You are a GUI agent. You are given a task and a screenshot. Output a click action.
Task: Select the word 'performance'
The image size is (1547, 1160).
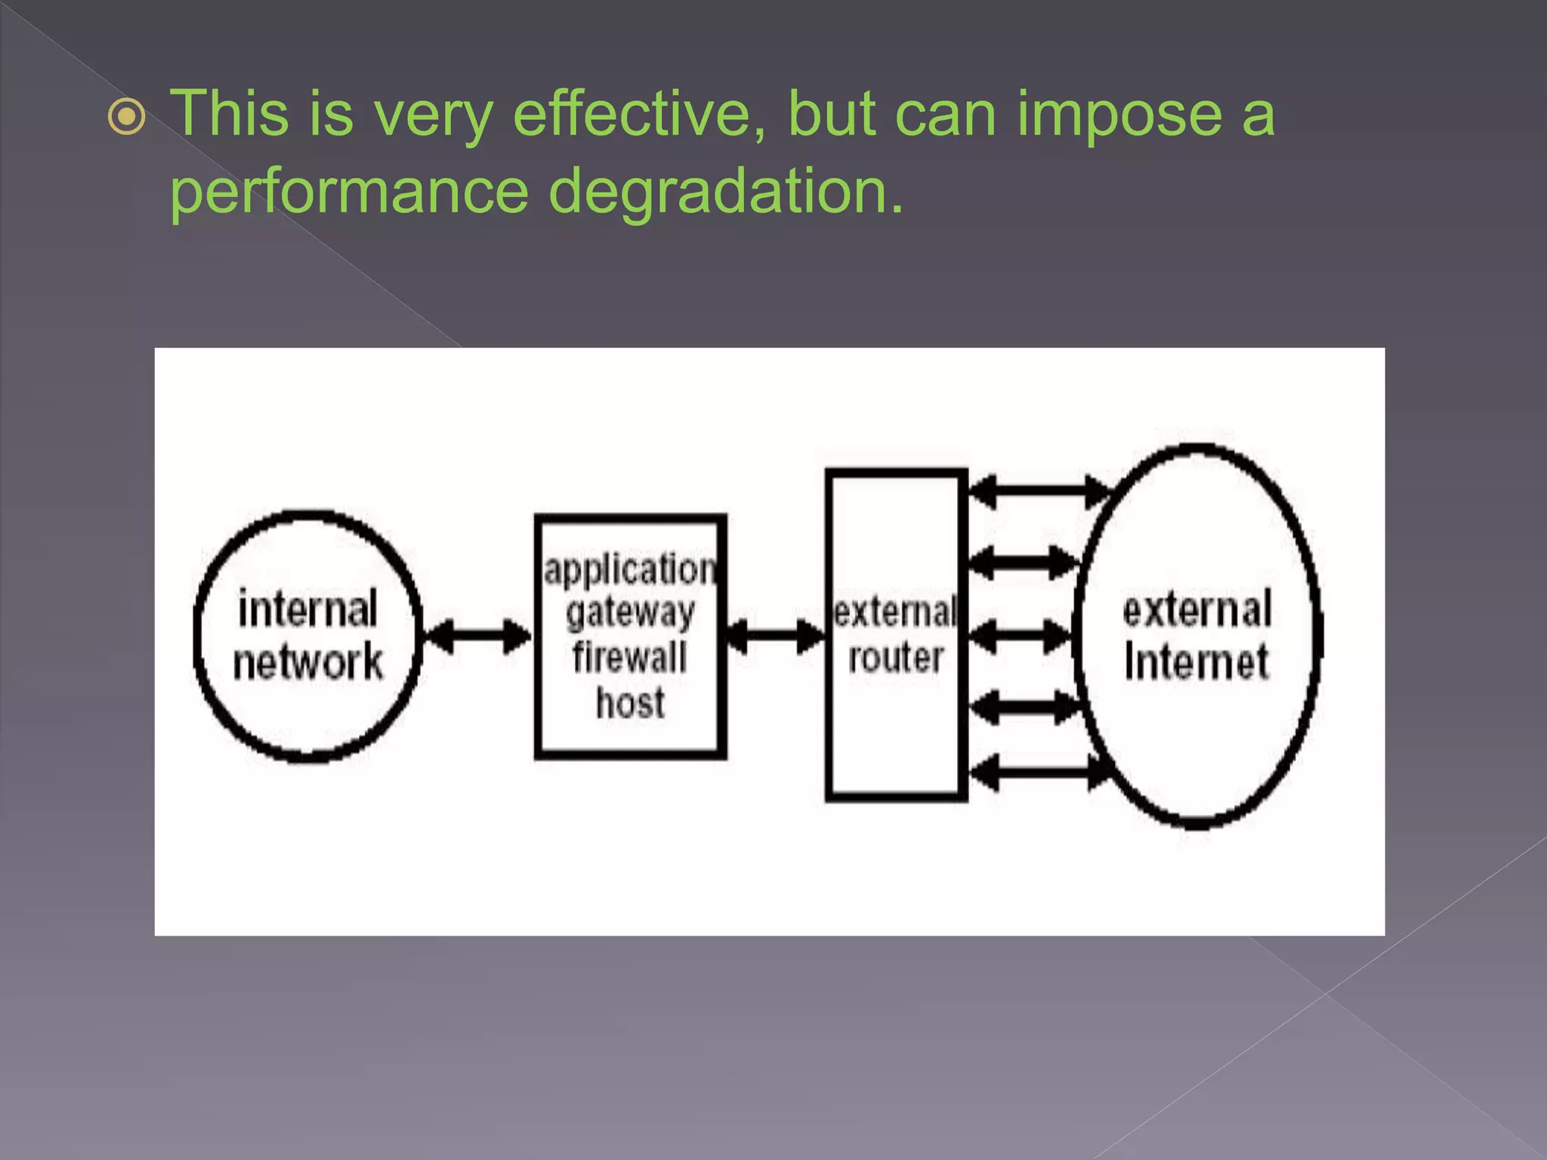pos(350,193)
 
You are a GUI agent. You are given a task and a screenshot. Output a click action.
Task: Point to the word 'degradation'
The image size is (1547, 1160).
pos(725,193)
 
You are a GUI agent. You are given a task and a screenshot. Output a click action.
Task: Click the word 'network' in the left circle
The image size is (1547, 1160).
pos(307,662)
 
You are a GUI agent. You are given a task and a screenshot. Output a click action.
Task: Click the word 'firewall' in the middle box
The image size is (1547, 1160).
pos(630,657)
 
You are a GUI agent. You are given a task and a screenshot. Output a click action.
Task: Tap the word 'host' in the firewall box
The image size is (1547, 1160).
pos(630,702)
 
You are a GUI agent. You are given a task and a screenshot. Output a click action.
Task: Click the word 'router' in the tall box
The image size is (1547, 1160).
pos(896,658)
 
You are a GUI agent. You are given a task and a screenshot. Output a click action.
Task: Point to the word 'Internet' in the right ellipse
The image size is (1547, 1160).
pos(1197,662)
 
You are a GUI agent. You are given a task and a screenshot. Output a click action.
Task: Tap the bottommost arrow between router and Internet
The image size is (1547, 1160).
pos(1039,773)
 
